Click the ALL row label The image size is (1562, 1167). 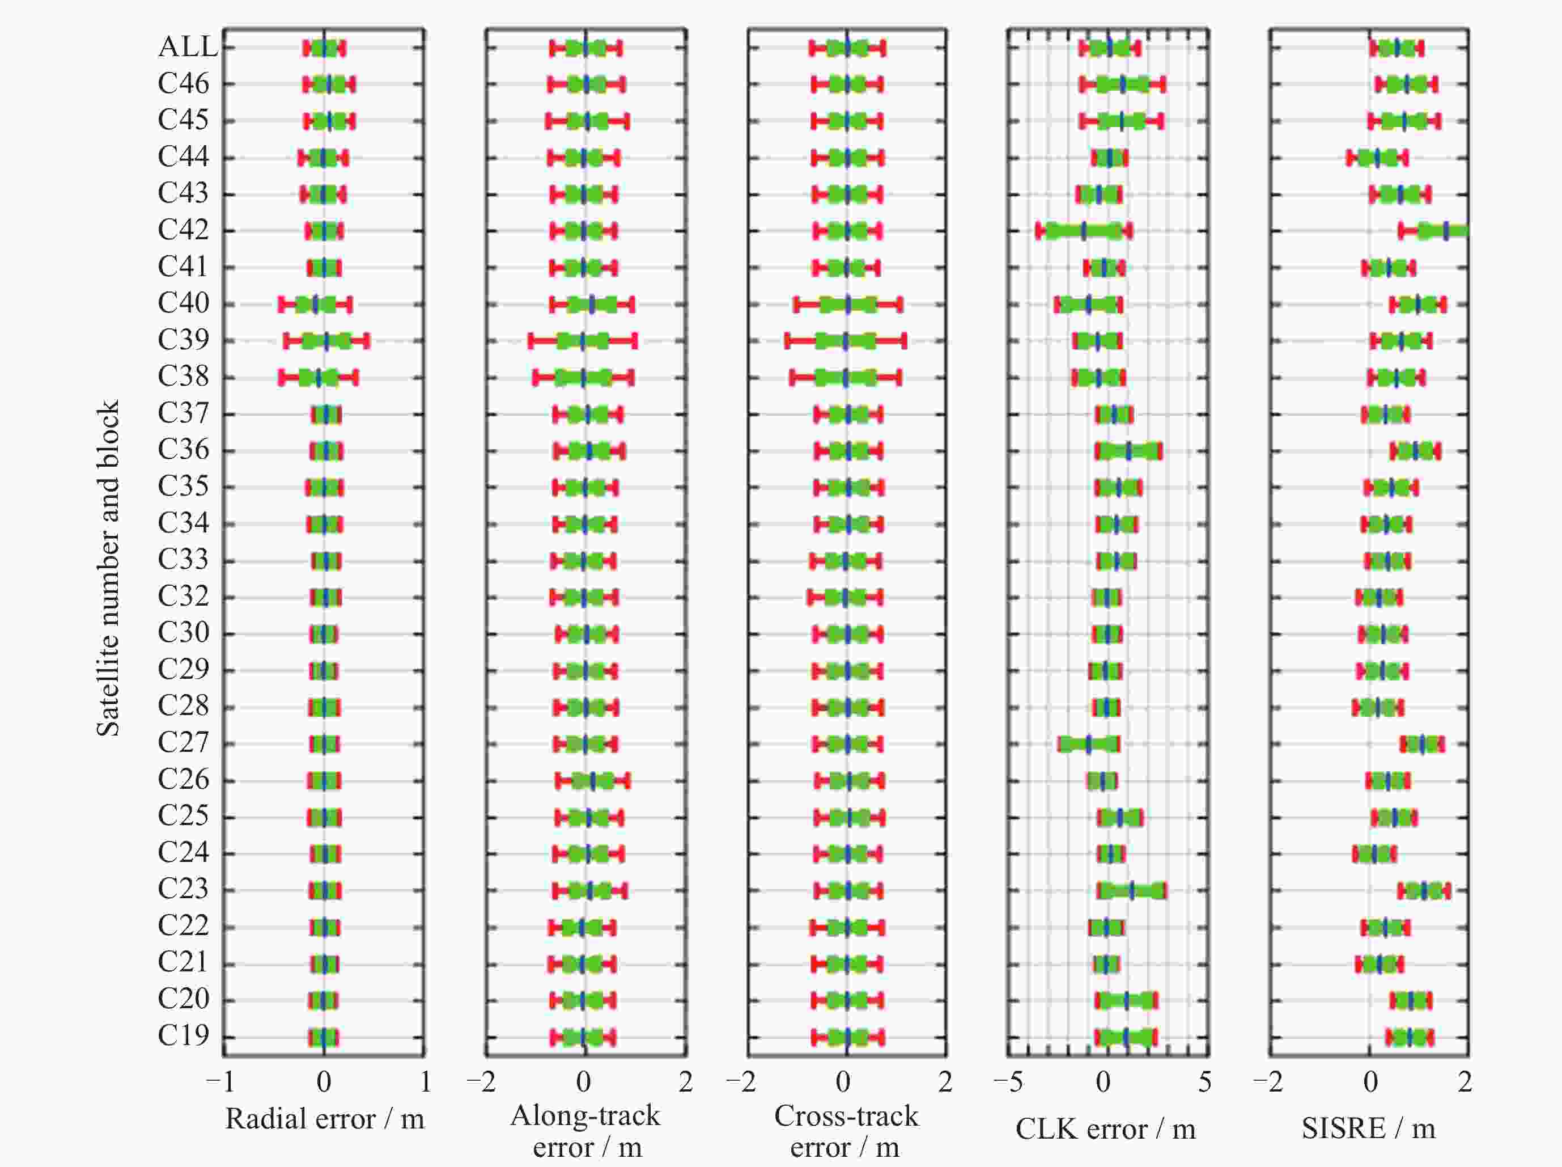187,46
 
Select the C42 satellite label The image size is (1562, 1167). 184,230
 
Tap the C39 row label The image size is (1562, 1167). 184,340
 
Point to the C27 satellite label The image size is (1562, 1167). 184,742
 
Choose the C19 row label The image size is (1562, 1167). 184,1035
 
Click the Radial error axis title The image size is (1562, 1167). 325,1119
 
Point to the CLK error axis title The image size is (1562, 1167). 1105,1129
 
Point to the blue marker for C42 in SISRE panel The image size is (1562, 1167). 1446,230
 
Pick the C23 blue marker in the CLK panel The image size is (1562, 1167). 1131,891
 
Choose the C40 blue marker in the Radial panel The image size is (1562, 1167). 316,305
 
